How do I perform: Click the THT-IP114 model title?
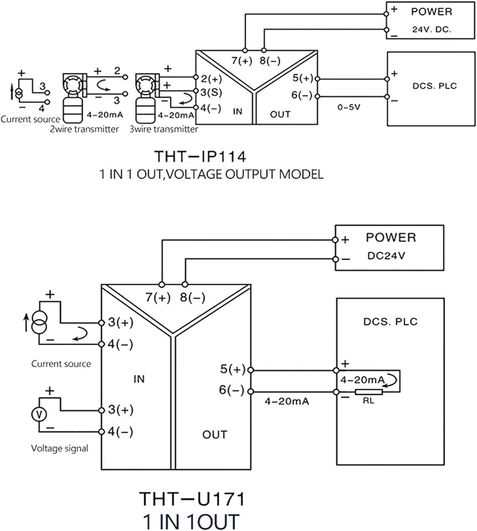click(200, 157)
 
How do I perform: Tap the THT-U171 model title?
click(192, 499)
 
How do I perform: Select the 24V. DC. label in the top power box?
click(432, 29)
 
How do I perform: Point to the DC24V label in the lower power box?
click(386, 256)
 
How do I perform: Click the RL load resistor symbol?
click(369, 392)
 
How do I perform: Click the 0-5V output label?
click(349, 107)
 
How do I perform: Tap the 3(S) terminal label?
click(211, 92)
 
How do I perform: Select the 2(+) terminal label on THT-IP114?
click(211, 79)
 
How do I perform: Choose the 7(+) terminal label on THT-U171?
click(158, 297)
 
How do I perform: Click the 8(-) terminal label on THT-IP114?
click(270, 61)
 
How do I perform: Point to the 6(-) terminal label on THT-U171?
click(232, 390)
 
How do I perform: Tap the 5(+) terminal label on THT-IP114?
click(303, 78)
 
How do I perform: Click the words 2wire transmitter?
click(85, 129)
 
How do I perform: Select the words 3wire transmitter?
click(164, 129)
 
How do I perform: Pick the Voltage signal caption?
click(60, 448)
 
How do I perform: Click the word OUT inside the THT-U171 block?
click(214, 434)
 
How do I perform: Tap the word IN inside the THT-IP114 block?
click(238, 112)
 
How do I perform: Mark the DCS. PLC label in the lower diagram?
click(390, 321)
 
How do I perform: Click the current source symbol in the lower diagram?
click(39, 323)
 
